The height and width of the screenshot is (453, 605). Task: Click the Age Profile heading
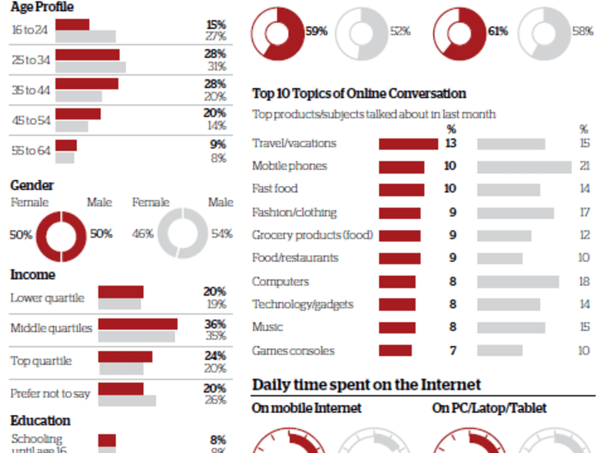point(42,7)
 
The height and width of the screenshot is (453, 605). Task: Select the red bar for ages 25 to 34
point(87,55)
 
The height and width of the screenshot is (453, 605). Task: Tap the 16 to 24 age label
point(31,30)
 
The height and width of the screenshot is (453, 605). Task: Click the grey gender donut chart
point(183,235)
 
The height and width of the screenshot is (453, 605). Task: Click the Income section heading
point(33,275)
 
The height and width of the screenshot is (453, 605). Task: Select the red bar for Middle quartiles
point(138,324)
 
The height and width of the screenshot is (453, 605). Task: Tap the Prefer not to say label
point(50,393)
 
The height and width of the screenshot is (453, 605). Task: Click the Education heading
point(40,420)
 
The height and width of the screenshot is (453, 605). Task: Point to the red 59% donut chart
point(279,33)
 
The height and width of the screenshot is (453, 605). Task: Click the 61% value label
point(498,31)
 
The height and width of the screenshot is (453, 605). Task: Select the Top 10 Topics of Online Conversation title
point(359,93)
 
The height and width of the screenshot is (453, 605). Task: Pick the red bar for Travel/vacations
point(408,144)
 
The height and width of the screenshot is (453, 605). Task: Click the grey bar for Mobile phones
point(524,167)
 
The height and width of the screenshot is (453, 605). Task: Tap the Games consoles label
point(293,350)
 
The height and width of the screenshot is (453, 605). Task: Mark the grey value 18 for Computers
point(585,282)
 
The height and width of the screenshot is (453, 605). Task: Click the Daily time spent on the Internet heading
point(366,384)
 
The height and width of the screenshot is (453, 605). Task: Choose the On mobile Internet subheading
point(306,408)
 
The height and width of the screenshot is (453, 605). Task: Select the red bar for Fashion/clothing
point(399,213)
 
